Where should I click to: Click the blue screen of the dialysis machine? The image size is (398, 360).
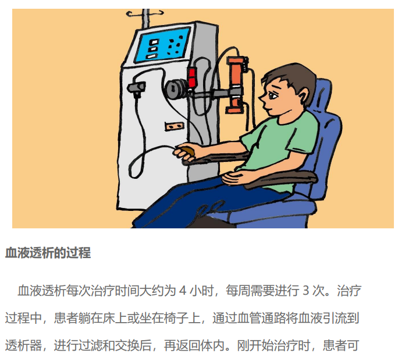pos(163,45)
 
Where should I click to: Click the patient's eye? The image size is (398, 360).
pos(273,96)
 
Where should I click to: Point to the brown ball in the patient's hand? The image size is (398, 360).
pos(188,151)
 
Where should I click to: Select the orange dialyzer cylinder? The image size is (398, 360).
pos(236,84)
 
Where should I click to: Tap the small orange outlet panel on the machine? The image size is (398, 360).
pos(175,126)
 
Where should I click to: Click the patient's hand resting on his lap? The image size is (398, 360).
pos(235,177)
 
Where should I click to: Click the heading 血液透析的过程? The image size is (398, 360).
pos(48,253)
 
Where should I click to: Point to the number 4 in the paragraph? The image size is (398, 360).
pos(183,290)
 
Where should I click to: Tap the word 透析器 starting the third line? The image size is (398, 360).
pos(23,345)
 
